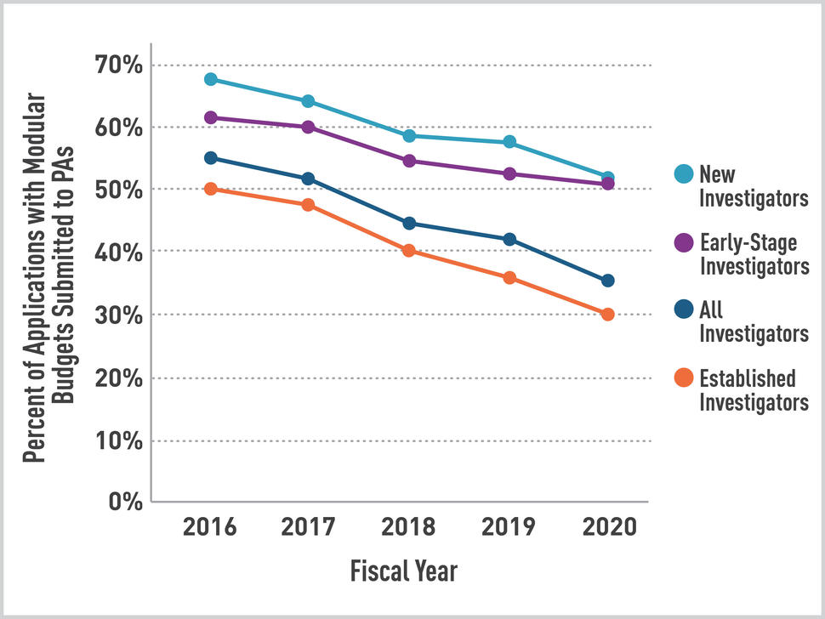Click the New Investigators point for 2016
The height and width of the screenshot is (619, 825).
coord(211,79)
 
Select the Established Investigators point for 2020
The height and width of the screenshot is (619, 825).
coord(607,315)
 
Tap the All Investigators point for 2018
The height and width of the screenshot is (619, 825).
coord(409,224)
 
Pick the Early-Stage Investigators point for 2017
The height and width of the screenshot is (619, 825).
coord(308,128)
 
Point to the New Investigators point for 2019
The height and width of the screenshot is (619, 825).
coord(509,142)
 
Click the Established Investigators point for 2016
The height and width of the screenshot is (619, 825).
coord(211,189)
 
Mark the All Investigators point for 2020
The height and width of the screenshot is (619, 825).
coord(607,281)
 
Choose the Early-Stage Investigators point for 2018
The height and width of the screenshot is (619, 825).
coord(409,161)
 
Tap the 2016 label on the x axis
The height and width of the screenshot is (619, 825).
coord(209,528)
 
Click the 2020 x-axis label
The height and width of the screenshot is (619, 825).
coord(609,528)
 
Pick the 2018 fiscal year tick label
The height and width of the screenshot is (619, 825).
coord(409,528)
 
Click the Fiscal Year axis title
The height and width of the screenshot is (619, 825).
coord(403,571)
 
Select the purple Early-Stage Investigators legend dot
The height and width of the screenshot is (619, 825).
coord(682,243)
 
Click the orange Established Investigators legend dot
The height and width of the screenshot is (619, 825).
coord(682,378)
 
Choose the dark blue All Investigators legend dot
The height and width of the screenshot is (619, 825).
coord(682,310)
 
